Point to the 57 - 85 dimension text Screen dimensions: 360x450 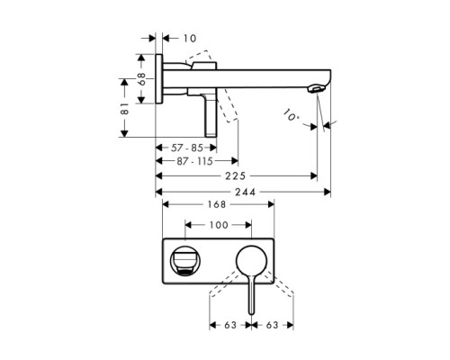[188, 146]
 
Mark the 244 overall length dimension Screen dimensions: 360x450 [244, 193]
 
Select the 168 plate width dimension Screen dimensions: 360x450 [215, 205]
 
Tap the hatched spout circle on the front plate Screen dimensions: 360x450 [185, 261]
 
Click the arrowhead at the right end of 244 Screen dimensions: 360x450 [328, 193]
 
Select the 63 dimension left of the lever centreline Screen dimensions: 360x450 [229, 327]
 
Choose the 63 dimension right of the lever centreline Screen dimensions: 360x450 [271, 327]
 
